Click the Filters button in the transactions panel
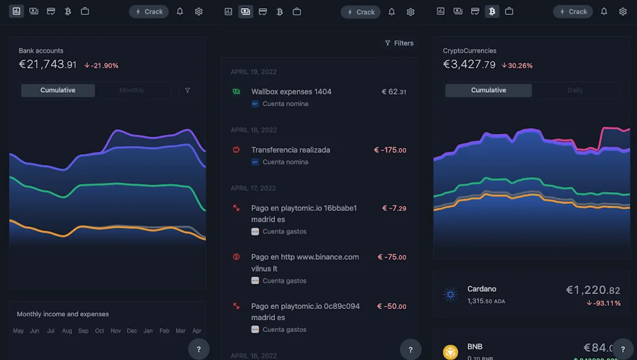[399, 43]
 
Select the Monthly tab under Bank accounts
[132, 90]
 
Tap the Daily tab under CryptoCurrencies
[575, 90]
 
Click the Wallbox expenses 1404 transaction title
[291, 91]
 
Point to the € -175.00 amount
[390, 150]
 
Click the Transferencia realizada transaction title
[291, 150]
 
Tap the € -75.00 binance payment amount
[392, 257]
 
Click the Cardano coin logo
[450, 294]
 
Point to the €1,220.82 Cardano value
[593, 290]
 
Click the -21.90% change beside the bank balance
[101, 65]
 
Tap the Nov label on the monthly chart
[116, 331]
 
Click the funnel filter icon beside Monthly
[188, 90]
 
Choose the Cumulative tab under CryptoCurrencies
[488, 90]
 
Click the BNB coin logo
[450, 352]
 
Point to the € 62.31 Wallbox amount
[394, 91]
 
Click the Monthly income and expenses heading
[63, 314]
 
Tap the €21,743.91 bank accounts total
[48, 64]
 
